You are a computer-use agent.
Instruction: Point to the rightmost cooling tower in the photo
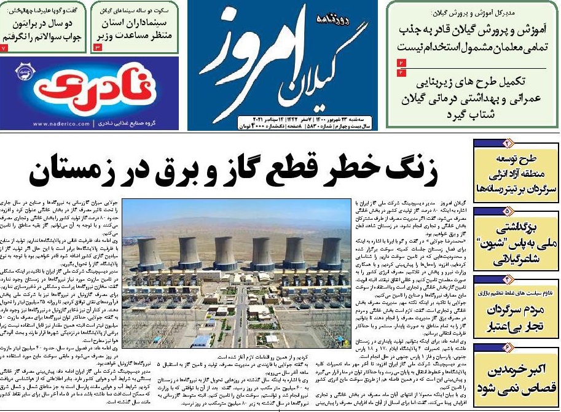[332, 252]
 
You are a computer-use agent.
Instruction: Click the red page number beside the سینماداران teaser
[97, 47]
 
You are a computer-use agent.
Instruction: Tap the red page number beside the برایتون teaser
[4, 47]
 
